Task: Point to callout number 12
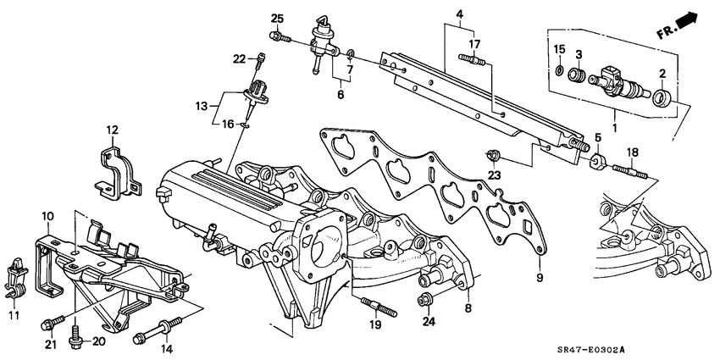[112, 129]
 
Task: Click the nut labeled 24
[426, 299]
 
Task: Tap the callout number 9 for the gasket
[539, 275]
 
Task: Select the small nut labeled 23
[491, 154]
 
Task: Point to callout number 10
[48, 217]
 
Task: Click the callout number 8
[467, 309]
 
